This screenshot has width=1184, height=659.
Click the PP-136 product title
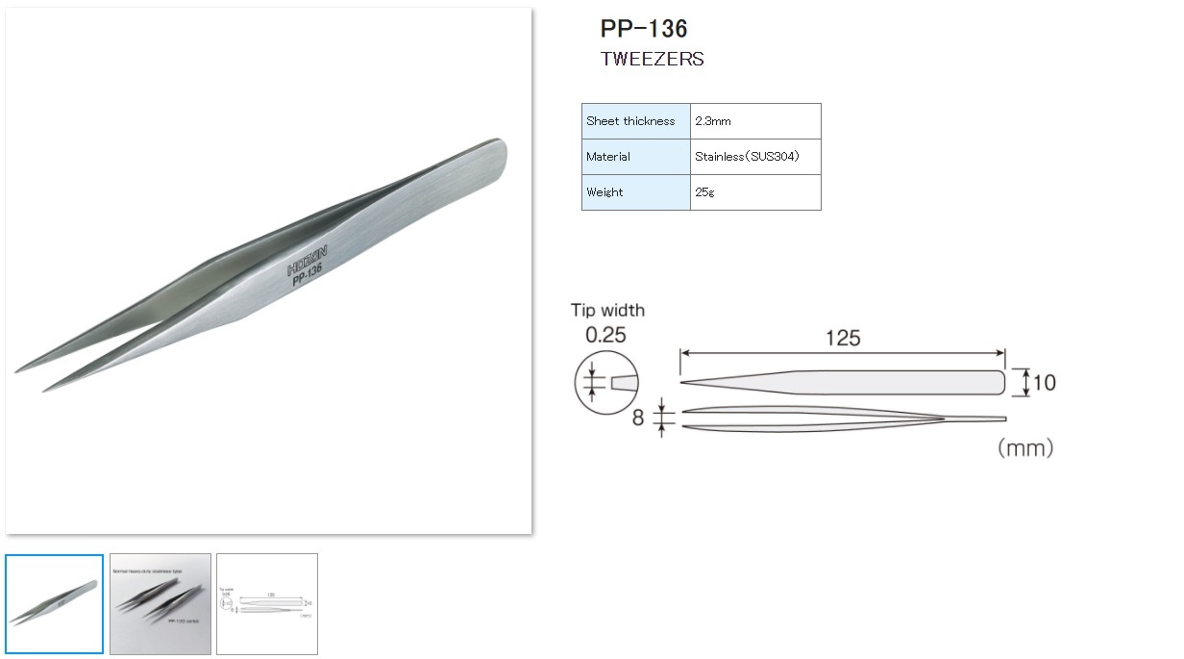point(643,28)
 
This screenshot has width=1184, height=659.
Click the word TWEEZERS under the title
point(652,60)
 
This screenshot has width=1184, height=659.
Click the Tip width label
point(607,311)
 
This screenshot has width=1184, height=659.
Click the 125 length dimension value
point(842,339)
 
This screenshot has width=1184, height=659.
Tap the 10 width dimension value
point(1044,383)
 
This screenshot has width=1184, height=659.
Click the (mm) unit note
point(1024,448)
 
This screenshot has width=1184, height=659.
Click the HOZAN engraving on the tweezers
point(308,258)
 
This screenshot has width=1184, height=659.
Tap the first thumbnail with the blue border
point(54,604)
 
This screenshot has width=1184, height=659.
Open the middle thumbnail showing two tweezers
point(160,604)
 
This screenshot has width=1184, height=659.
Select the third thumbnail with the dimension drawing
point(266,604)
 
